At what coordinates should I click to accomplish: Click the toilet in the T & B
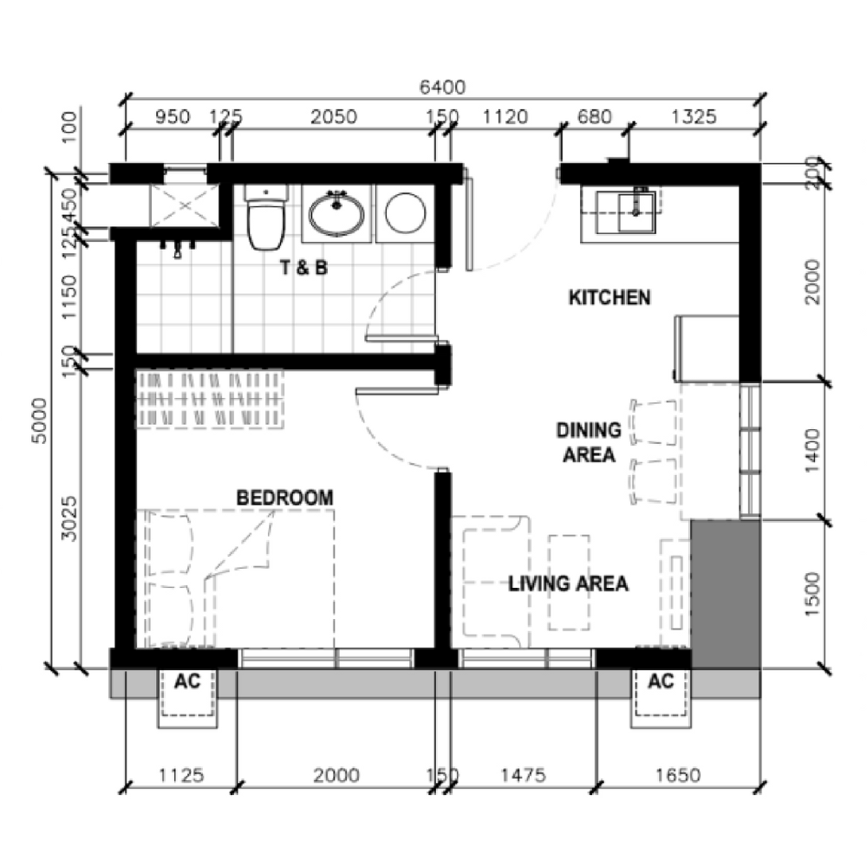(x=266, y=218)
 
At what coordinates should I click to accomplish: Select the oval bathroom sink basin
(x=336, y=214)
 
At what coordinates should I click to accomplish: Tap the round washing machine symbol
(x=405, y=213)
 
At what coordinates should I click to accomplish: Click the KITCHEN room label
(x=610, y=297)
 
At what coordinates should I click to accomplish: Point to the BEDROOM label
(x=284, y=498)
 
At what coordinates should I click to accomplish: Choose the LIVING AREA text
(x=568, y=583)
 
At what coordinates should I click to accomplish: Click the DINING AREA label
(x=589, y=442)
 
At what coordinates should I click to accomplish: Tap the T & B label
(x=304, y=268)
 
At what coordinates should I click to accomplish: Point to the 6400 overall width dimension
(x=442, y=87)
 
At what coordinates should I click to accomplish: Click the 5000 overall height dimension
(x=40, y=420)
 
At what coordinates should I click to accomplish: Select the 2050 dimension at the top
(x=334, y=117)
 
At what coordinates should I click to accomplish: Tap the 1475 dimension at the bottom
(x=523, y=775)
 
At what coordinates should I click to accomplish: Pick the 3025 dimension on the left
(x=69, y=518)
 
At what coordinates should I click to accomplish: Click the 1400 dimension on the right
(x=812, y=450)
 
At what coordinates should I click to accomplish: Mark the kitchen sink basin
(x=636, y=212)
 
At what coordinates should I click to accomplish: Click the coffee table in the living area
(x=569, y=583)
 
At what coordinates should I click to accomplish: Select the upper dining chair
(x=653, y=422)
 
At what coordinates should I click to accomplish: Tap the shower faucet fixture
(x=177, y=248)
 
